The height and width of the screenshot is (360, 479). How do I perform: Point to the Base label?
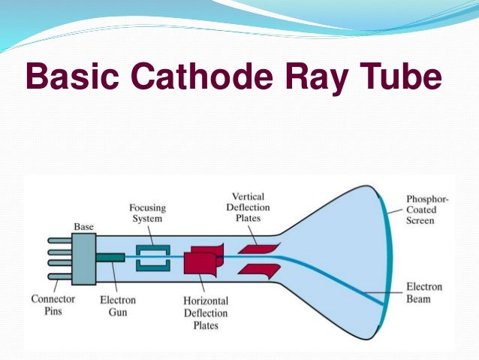[83, 225]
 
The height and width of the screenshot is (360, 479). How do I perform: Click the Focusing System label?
[147, 213]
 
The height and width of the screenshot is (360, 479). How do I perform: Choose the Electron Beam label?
[424, 293]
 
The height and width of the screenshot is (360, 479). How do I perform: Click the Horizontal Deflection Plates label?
[206, 313]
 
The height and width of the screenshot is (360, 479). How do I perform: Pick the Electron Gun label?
[118, 304]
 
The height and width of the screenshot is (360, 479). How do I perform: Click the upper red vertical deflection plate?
[258, 246]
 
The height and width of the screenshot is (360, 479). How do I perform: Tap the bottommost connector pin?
[59, 275]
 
